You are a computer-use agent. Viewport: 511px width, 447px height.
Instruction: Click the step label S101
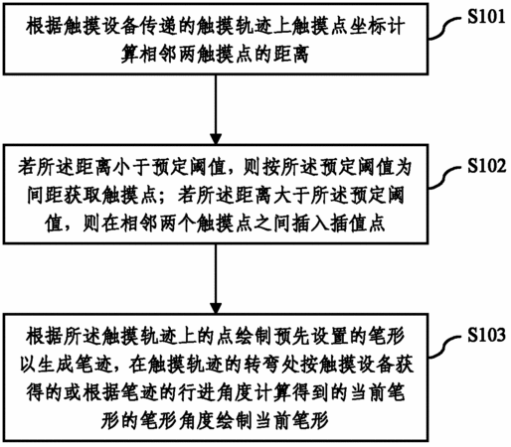pos(486,16)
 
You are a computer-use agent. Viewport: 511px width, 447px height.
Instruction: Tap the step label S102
pos(487,165)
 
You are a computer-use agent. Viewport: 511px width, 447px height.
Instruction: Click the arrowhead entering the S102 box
pos(216,138)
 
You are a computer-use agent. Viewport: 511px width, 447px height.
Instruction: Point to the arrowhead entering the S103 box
pos(216,308)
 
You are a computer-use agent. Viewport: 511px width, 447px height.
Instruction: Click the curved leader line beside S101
pos(445,29)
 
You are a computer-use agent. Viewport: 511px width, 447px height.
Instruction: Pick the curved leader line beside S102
pos(445,178)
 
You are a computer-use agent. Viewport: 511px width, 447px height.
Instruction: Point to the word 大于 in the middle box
pos(291,196)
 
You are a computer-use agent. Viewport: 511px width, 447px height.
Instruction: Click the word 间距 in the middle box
pos(46,196)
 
